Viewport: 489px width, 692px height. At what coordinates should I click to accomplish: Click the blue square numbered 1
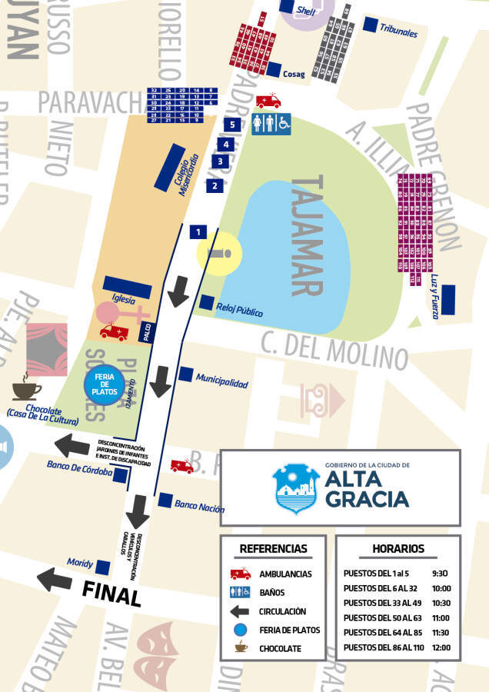click(198, 231)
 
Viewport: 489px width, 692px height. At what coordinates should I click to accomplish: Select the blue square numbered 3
click(221, 161)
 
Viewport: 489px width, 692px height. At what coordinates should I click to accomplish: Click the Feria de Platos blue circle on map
click(104, 382)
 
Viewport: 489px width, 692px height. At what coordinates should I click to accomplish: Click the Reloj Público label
click(239, 313)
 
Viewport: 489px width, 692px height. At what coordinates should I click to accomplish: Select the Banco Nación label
click(199, 507)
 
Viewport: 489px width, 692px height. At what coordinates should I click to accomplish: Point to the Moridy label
click(80, 563)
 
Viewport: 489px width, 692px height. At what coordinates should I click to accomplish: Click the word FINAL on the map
click(111, 594)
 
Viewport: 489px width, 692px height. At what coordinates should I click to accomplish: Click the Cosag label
click(294, 75)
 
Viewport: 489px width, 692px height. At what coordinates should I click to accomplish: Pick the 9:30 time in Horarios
click(440, 574)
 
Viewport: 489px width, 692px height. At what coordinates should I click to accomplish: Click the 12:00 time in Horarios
click(440, 647)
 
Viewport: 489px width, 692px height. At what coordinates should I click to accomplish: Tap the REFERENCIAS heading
click(273, 549)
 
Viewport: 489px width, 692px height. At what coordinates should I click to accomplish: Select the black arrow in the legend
click(241, 611)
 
